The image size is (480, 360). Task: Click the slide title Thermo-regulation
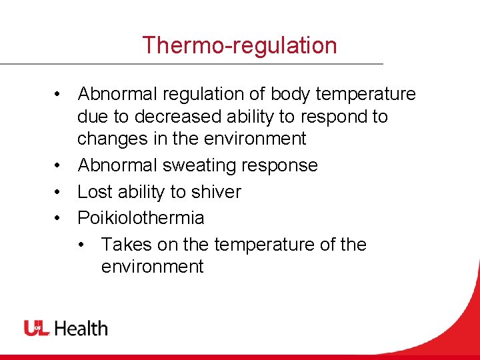[239, 45]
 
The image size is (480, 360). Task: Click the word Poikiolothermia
[141, 218]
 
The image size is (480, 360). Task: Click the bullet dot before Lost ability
[59, 193]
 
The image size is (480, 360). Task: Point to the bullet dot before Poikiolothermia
[59, 219]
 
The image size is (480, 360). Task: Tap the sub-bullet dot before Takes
[83, 245]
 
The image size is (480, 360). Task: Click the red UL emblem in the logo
[37, 328]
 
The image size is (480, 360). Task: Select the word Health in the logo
[81, 328]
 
